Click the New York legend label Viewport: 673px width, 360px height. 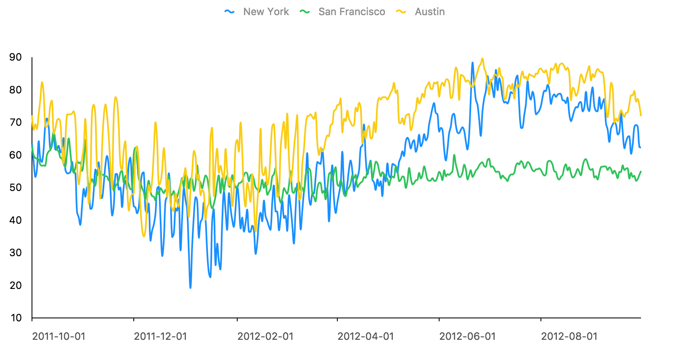click(x=266, y=12)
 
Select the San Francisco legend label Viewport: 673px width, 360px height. click(x=352, y=12)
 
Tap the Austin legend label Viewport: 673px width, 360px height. click(x=429, y=12)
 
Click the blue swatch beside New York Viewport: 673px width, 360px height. click(x=229, y=12)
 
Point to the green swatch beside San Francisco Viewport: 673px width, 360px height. click(x=305, y=12)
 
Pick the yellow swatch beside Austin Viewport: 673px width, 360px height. click(x=401, y=12)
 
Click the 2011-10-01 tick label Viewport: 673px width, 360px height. click(x=58, y=336)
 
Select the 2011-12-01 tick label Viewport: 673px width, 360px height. click(x=160, y=336)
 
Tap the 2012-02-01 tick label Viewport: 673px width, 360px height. click(x=265, y=336)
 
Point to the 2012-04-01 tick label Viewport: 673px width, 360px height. click(x=366, y=336)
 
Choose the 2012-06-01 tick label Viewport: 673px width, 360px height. click(x=467, y=336)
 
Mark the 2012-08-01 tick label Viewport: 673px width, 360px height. click(x=569, y=336)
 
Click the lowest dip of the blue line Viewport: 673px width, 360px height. click(x=191, y=288)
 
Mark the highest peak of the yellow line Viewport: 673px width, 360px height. click(x=482, y=59)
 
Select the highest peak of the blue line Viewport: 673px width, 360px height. click(x=472, y=63)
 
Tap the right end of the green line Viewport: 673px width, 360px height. click(x=641, y=172)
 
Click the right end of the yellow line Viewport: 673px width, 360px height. click(x=641, y=115)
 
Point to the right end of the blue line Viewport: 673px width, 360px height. click(x=640, y=148)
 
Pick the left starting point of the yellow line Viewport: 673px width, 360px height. click(x=32, y=116)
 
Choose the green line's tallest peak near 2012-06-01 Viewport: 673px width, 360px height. click(x=454, y=155)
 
